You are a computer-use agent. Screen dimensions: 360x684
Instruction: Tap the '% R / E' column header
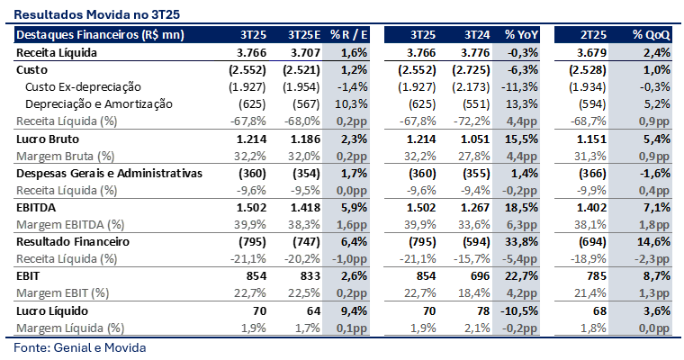coord(348,35)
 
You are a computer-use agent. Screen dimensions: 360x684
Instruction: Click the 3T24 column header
coord(477,35)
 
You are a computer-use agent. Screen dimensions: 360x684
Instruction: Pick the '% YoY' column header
coord(521,35)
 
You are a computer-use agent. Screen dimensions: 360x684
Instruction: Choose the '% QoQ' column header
coord(651,35)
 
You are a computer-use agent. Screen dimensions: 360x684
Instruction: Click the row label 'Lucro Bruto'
coord(49,139)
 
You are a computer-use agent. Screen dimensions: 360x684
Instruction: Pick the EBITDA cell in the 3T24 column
coord(475,207)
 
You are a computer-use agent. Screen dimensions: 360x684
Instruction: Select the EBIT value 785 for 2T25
coord(597,275)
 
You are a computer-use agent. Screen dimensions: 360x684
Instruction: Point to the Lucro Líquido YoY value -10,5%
coord(522,310)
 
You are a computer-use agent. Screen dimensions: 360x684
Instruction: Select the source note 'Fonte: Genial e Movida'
coord(79,346)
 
